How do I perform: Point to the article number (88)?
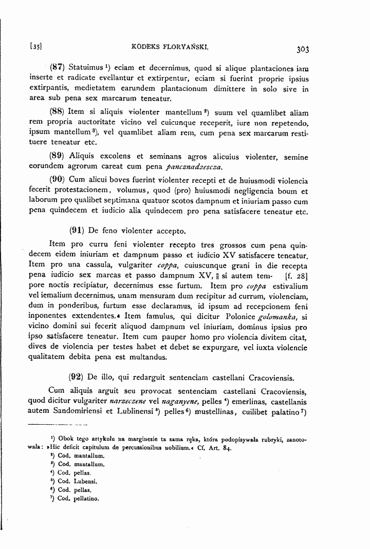click(57, 111)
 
